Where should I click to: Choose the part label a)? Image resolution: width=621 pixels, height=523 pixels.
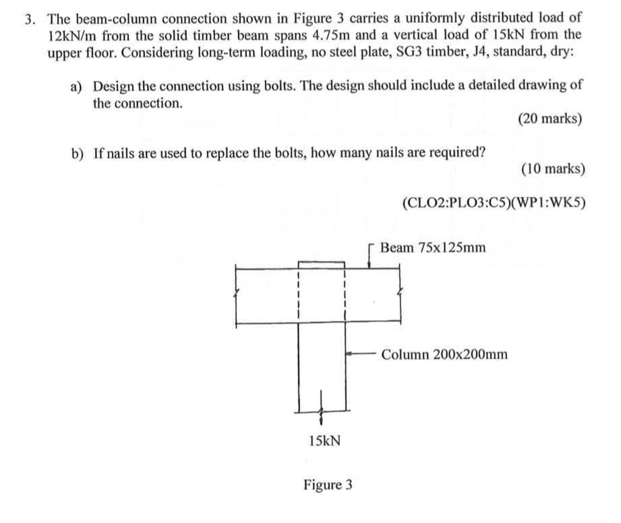pos(78,87)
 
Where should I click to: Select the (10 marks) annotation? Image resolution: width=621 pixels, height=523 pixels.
pos(552,168)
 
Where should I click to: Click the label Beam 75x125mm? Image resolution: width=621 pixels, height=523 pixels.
pos(432,247)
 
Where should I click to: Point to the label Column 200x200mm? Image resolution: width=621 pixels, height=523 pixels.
pos(444,354)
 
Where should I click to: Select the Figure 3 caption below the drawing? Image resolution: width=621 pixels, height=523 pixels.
pos(327,485)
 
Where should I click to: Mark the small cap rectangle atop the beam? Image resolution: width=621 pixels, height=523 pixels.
pos(321,264)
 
